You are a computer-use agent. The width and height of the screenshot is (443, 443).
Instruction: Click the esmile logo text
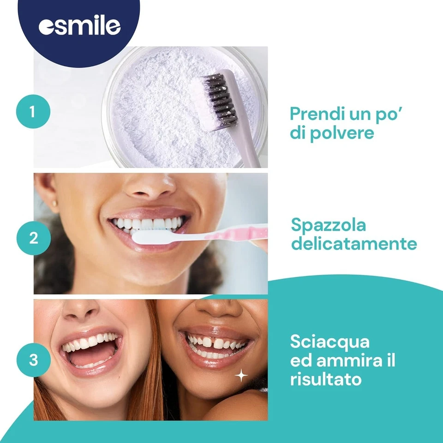pyautogui.click(x=79, y=26)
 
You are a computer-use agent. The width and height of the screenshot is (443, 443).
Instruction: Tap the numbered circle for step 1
pyautogui.click(x=33, y=111)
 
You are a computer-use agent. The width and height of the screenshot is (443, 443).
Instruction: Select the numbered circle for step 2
pyautogui.click(x=33, y=238)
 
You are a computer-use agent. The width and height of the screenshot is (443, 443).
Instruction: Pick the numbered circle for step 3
pyautogui.click(x=33, y=359)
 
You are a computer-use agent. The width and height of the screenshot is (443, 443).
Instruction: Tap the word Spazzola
pyautogui.click(x=329, y=226)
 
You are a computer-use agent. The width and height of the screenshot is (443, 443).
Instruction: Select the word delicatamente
pyautogui.click(x=354, y=243)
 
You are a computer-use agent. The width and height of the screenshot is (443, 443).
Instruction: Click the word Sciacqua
pyautogui.click(x=330, y=342)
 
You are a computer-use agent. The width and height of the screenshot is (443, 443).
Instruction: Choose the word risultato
pyautogui.click(x=326, y=379)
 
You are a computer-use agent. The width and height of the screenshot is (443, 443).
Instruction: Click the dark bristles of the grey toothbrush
pyautogui.click(x=220, y=101)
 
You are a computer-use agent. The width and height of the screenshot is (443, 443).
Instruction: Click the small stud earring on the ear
pyautogui.click(x=55, y=203)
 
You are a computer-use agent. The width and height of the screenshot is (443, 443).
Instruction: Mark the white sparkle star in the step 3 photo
pyautogui.click(x=241, y=376)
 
